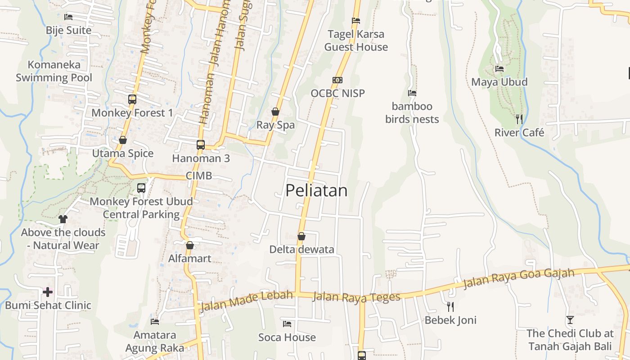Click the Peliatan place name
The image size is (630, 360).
pos(316,190)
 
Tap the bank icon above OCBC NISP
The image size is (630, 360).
pos(337,80)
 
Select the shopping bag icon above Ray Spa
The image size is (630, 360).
pos(275,112)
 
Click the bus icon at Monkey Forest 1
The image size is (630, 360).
pos(132,99)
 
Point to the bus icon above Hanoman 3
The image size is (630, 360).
pos(201,145)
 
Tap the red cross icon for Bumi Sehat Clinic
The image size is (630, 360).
pos(47,292)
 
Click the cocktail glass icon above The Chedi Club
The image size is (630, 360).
pos(570,320)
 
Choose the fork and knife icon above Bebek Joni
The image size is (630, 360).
pos(450,307)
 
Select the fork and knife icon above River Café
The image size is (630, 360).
pos(519,119)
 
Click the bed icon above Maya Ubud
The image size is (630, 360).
pos(499,69)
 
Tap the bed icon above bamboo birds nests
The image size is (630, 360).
pos(412,93)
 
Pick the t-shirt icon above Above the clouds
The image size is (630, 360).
pos(63,219)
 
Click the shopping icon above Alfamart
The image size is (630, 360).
pos(190,245)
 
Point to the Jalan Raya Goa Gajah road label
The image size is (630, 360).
pos(519,279)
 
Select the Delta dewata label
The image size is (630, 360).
pos(301,249)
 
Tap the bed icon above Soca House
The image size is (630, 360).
pos(287,324)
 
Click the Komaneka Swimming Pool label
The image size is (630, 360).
pos(54,71)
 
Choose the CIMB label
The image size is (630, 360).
pos(199,176)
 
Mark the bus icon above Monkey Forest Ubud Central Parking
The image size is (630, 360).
pos(141,188)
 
